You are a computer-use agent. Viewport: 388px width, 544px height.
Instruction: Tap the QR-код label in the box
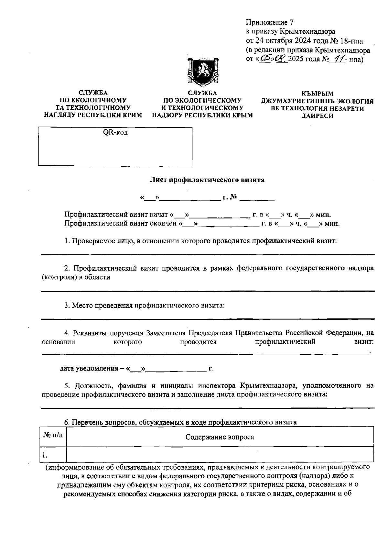click(x=115, y=133)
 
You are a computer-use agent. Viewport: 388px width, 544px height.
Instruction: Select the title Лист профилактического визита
click(x=207, y=180)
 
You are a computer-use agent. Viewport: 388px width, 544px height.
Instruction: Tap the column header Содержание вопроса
click(x=220, y=437)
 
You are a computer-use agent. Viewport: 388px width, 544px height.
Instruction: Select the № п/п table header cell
click(x=53, y=436)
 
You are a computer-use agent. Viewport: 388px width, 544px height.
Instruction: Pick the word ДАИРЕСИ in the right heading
click(x=317, y=116)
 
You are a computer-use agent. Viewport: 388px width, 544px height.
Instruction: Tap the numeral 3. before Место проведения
click(x=67, y=305)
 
